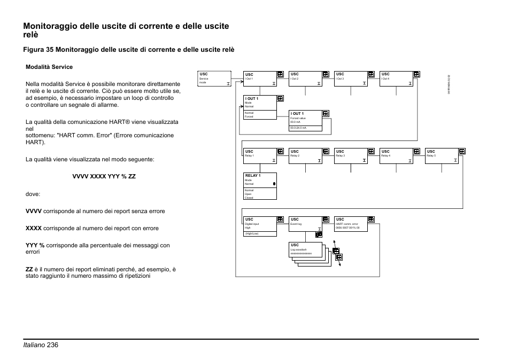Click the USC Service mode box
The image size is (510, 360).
214,79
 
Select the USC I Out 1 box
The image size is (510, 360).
260,79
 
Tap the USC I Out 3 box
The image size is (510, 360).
351,79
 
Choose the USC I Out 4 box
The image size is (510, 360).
396,79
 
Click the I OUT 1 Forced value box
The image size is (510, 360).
305,121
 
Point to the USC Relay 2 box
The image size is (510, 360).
305,155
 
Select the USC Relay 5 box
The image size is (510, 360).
442,155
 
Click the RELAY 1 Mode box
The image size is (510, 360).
260,186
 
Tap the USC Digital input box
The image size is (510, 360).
260,226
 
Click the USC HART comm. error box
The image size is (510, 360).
351,223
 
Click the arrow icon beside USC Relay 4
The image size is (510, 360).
416,152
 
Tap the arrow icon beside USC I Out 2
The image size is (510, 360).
326,75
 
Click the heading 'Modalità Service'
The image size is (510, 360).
49,67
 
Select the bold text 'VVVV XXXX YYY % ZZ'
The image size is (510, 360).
104,176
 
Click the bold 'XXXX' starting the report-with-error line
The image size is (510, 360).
33,229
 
